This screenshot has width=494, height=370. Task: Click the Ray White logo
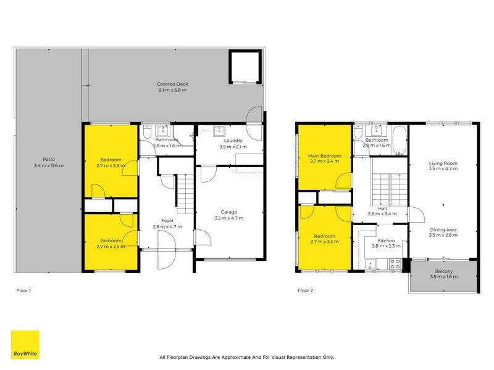(x=25, y=345)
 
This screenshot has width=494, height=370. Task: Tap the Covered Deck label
(x=172, y=84)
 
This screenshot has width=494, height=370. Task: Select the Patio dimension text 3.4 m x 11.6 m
(x=49, y=165)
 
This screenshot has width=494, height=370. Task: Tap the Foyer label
(x=167, y=220)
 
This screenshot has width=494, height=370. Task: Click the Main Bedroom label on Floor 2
(x=325, y=157)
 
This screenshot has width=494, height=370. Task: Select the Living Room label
(x=443, y=164)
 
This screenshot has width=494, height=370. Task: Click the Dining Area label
(x=443, y=230)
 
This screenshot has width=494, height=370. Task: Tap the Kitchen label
(x=386, y=240)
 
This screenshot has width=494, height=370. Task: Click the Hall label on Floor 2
(x=382, y=208)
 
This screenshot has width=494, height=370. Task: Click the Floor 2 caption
(x=306, y=290)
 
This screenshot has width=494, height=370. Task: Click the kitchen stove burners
(x=395, y=263)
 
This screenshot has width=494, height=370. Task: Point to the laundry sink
(x=219, y=130)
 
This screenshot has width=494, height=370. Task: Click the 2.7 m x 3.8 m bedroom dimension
(x=110, y=166)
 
